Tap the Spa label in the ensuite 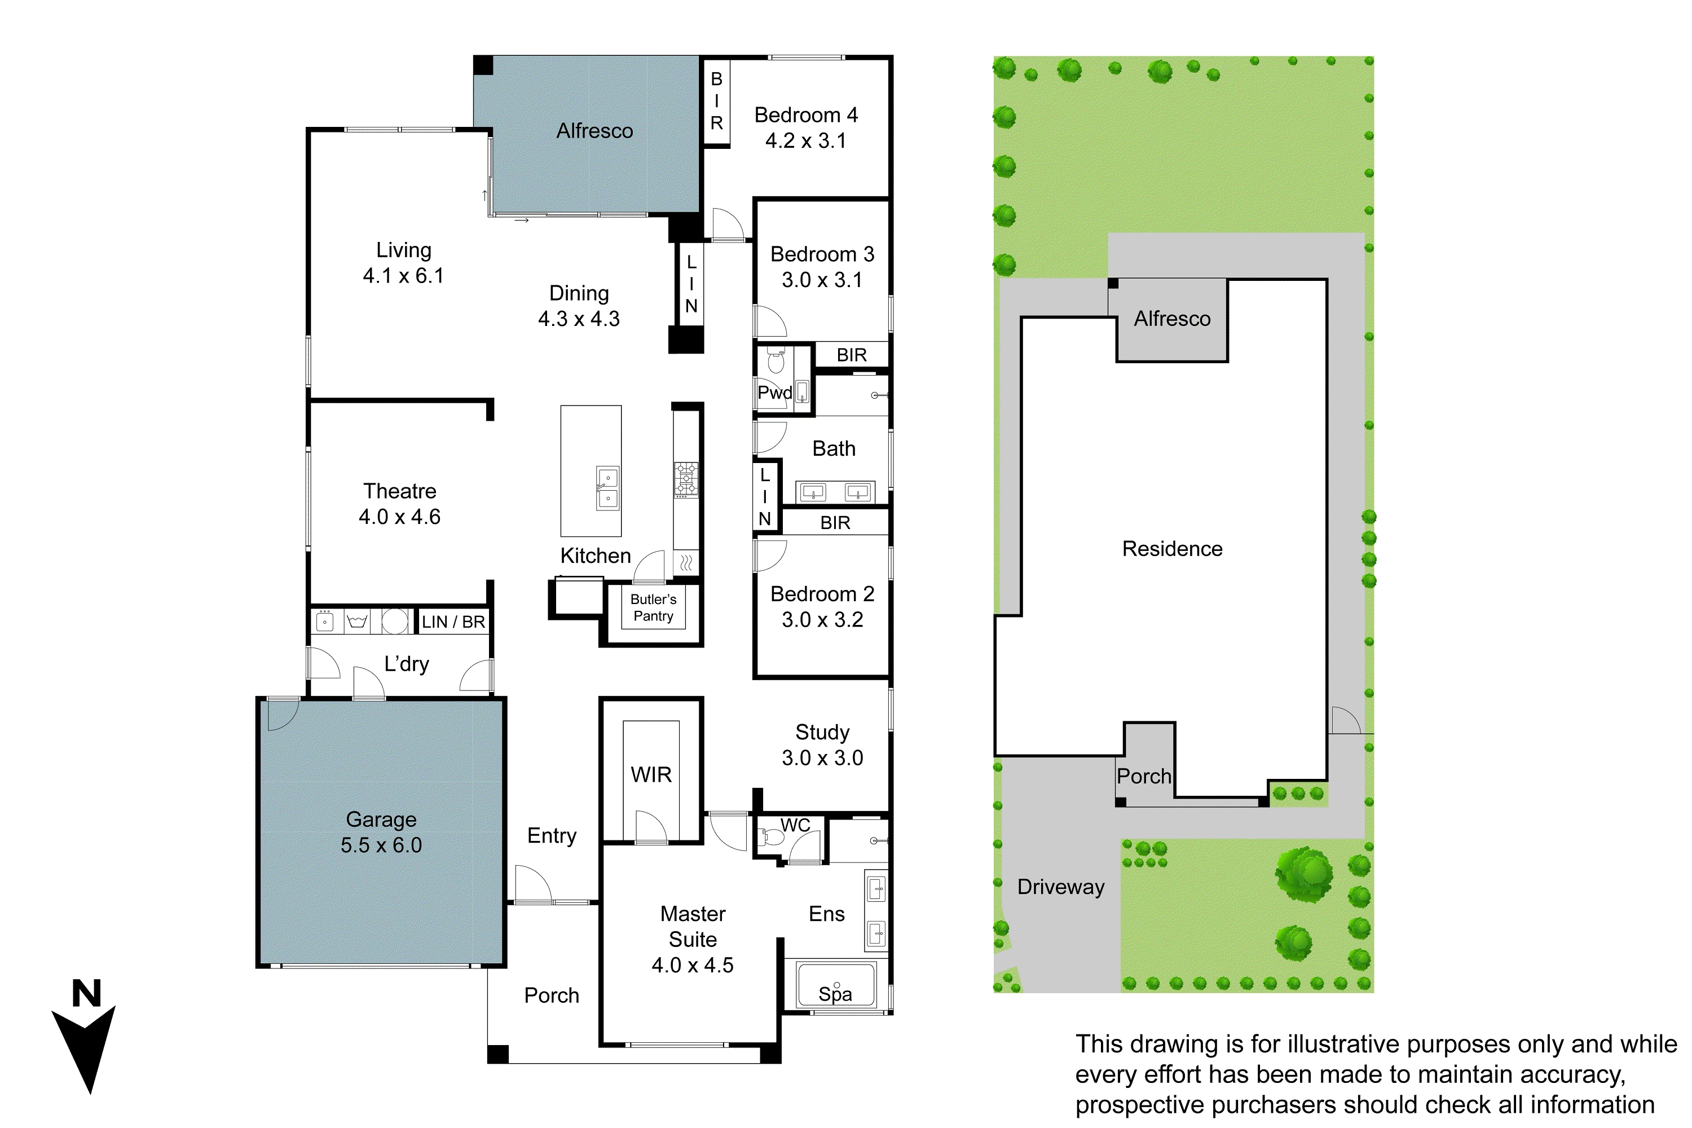click(x=835, y=994)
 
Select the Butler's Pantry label click(x=653, y=608)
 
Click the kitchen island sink click(x=608, y=488)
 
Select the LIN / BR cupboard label click(x=453, y=622)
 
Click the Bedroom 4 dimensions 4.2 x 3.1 click(x=806, y=141)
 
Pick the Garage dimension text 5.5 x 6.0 click(x=381, y=845)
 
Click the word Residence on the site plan click(x=1172, y=549)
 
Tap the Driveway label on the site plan click(x=1060, y=887)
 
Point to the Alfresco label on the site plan click(x=1172, y=319)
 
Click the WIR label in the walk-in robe click(x=651, y=775)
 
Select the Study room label click(x=822, y=732)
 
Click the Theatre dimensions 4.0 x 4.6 click(x=399, y=517)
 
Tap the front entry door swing click(x=532, y=885)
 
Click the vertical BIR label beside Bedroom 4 click(x=716, y=101)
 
